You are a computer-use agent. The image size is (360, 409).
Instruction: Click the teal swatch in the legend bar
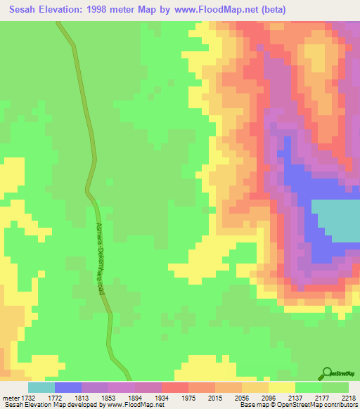pos(41,387)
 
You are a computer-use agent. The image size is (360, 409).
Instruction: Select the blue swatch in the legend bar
pos(68,387)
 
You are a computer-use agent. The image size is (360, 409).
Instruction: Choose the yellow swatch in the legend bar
pos(282,387)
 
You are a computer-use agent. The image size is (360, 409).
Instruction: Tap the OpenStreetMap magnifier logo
pos(328,373)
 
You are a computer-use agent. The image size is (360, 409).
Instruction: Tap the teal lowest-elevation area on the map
pos(335,221)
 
